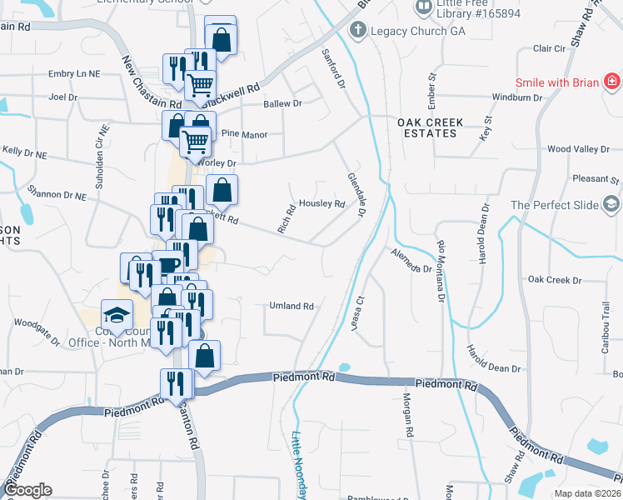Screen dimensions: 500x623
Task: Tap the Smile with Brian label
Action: tap(557, 82)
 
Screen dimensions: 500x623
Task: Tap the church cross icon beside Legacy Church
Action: tap(357, 32)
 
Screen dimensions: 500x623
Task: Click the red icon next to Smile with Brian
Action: tap(612, 81)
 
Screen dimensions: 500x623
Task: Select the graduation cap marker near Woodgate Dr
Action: tap(116, 316)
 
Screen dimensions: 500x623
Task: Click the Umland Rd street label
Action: tap(291, 306)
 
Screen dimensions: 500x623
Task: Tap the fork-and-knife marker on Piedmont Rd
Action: tap(177, 384)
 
